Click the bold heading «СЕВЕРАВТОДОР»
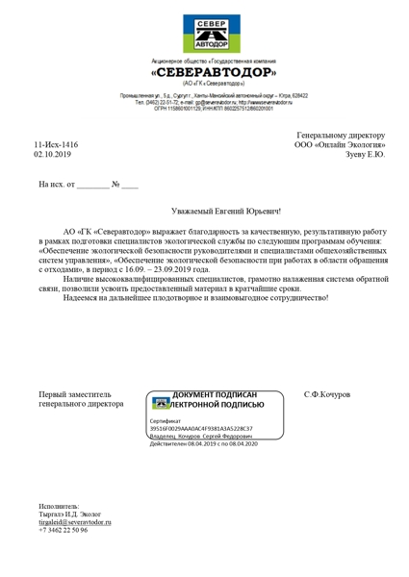(213, 72)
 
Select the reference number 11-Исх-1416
(56, 144)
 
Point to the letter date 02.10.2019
(52, 154)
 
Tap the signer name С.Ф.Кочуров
(327, 395)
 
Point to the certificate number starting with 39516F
(200, 428)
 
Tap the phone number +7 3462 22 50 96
(64, 530)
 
